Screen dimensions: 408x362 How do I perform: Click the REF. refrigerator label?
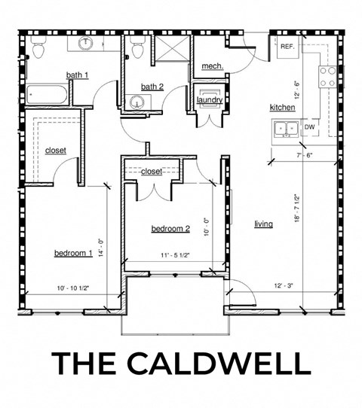click(287, 47)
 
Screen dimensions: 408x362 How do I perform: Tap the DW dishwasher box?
click(309, 127)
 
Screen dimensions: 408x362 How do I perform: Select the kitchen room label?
click(282, 108)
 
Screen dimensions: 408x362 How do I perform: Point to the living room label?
click(263, 224)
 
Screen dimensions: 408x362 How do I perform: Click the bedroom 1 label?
click(72, 253)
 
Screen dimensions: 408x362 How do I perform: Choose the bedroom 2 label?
click(170, 229)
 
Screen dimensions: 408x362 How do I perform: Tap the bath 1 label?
click(77, 75)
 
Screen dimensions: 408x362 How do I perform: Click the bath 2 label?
click(152, 87)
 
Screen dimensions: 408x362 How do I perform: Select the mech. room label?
click(213, 67)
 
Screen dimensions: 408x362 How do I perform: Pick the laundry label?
click(209, 100)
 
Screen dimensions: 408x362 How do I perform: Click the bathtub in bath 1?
click(48, 96)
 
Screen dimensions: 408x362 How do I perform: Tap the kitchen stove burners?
click(327, 75)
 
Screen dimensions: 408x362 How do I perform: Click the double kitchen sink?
click(285, 128)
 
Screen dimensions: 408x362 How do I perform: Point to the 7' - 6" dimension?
click(303, 156)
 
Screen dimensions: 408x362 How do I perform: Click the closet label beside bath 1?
click(55, 151)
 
